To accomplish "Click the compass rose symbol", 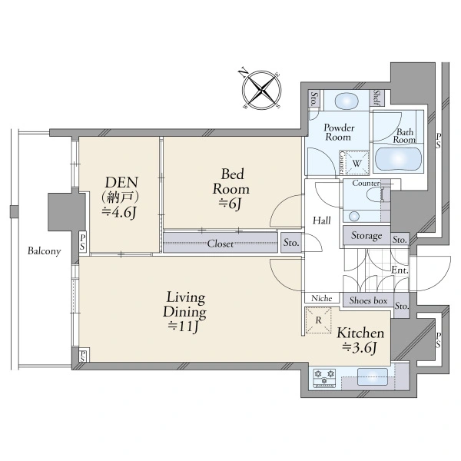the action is tap(261, 89).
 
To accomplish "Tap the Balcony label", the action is tap(44, 250).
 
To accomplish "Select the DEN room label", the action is tap(121, 182).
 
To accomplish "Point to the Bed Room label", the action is tap(231, 181).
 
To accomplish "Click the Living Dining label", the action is tap(185, 304).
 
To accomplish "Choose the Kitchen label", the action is tap(360, 333).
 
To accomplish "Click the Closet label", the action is tap(221, 244).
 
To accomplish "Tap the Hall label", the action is tap(322, 221).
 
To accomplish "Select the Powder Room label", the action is tap(339, 132).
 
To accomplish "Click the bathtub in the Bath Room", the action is tap(398, 159).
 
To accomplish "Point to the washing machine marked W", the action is tap(357, 163).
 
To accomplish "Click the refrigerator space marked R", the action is tap(318, 320).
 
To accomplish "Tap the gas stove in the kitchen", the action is tap(324, 378).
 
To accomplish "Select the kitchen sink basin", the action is tap(372, 377).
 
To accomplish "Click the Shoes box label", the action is tap(368, 300).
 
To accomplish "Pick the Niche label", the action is tap(322, 298).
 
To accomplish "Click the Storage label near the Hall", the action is tap(366, 236).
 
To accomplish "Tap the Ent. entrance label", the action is tap(400, 270).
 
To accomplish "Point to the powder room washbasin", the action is tap(347, 101).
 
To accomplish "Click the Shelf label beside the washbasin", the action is tap(376, 98).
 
